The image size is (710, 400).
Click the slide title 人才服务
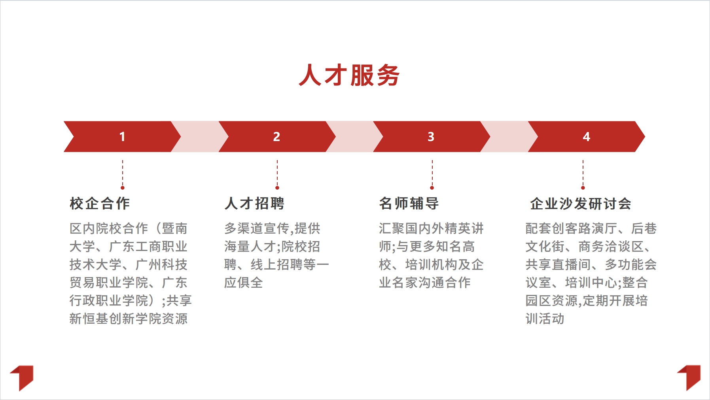coord(349,75)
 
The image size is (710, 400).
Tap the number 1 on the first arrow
coord(122,137)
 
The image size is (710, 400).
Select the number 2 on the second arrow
coord(276,137)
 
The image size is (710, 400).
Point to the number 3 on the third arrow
coord(431,137)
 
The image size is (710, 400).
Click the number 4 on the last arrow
coord(586,137)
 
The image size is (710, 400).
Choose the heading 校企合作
coord(100,204)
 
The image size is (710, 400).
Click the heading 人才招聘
coord(254,204)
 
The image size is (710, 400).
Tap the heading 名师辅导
coord(409,204)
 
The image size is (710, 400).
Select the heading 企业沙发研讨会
coord(580,204)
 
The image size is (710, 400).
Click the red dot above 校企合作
coord(123,188)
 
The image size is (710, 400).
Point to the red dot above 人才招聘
coord(277,188)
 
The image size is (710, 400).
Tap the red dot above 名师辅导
coord(432,188)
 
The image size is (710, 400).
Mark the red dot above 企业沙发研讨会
coord(583,188)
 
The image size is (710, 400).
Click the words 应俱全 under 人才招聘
coord(243,283)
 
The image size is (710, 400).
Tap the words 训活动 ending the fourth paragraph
coord(545,319)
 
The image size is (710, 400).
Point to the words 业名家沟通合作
coord(425,283)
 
